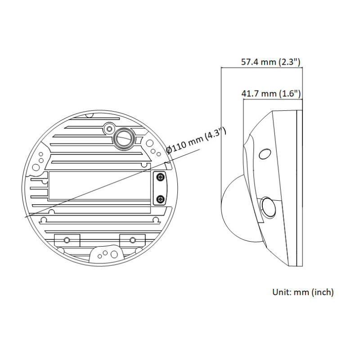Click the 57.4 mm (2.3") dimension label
(270, 62)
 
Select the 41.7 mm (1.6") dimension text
(271, 94)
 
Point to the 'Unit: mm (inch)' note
(303, 292)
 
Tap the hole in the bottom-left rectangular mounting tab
(67, 239)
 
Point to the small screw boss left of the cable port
(108, 129)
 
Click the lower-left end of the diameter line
(26, 217)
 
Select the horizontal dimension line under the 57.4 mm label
(261, 68)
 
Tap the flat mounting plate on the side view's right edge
(300, 189)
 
